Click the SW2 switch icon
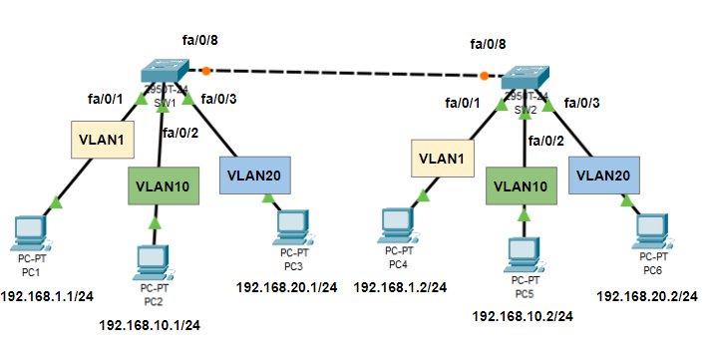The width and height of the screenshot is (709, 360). [x=526, y=79]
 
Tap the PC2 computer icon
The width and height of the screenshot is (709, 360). [x=153, y=262]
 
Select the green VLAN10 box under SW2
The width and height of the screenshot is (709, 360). [x=521, y=185]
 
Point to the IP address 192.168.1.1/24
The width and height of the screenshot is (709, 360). [x=47, y=296]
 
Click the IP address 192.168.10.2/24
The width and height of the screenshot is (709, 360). [x=523, y=316]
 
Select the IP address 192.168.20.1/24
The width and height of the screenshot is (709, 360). [x=286, y=287]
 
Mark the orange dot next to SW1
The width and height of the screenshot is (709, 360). [x=206, y=71]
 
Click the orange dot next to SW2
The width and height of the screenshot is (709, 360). [x=485, y=76]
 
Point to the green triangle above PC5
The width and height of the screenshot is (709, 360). [x=522, y=210]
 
